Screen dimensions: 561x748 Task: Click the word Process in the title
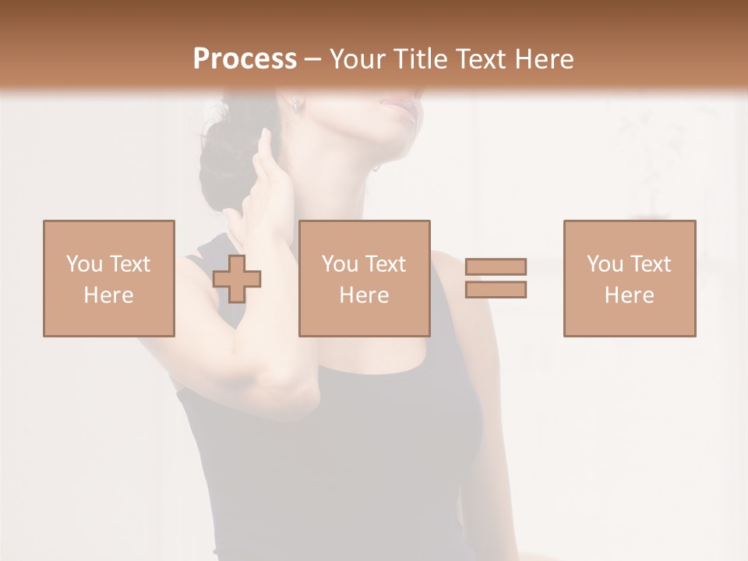pyautogui.click(x=245, y=59)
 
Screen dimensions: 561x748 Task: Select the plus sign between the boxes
pyautogui.click(x=237, y=279)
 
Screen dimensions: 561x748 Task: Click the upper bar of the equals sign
pyautogui.click(x=496, y=266)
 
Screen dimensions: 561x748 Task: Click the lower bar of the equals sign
pyautogui.click(x=496, y=290)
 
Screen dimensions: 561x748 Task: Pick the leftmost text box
pyautogui.click(x=109, y=278)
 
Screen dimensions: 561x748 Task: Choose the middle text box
pyautogui.click(x=365, y=278)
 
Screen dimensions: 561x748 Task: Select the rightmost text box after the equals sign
pyautogui.click(x=630, y=278)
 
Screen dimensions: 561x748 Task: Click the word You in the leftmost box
pyautogui.click(x=83, y=264)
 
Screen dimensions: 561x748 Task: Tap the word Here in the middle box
pyautogui.click(x=365, y=295)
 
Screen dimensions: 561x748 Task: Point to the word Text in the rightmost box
pyautogui.click(x=651, y=264)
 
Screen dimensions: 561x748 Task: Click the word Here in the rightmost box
pyautogui.click(x=630, y=295)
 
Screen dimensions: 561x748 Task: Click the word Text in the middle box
pyautogui.click(x=386, y=264)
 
